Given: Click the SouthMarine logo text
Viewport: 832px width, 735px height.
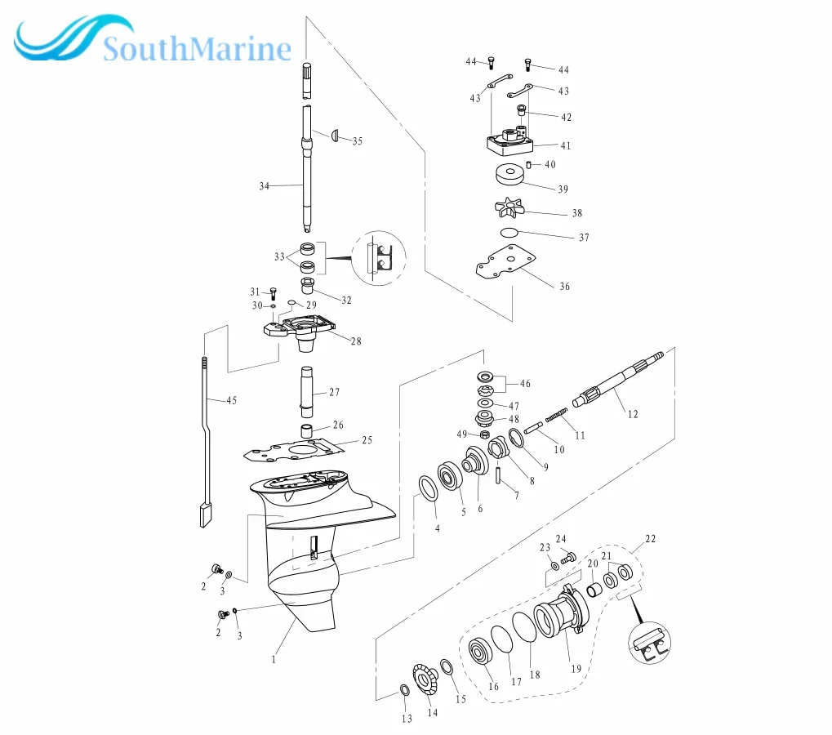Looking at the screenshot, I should pos(196,50).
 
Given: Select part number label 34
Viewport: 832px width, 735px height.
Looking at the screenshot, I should pos(264,186).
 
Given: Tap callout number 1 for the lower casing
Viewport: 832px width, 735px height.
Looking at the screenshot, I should pos(274,657).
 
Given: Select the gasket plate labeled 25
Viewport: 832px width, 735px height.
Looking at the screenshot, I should pos(302,448).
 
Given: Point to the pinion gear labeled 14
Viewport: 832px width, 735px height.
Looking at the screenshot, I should pos(425,679).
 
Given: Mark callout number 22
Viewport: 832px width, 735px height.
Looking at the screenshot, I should pos(650,539).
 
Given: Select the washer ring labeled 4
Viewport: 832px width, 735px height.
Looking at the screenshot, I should pos(426,489).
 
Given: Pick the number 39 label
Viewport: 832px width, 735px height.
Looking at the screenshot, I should pos(563,189).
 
